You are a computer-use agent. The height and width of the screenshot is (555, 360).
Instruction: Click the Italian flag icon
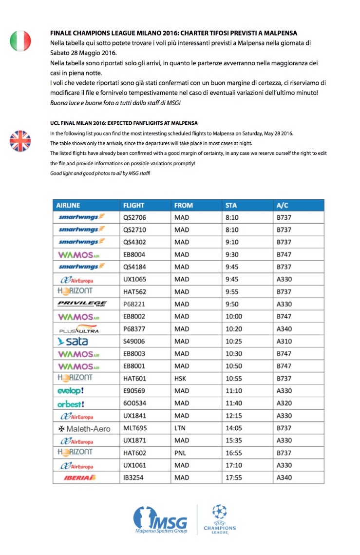tap(20, 41)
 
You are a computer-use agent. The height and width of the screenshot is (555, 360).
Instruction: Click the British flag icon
tap(20, 141)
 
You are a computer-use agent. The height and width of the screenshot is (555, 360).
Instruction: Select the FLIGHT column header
tap(134, 205)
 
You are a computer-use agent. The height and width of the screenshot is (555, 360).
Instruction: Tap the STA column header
tap(231, 205)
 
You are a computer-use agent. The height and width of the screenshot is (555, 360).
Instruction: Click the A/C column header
tap(283, 205)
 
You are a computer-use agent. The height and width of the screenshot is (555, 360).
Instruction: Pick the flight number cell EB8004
tap(134, 254)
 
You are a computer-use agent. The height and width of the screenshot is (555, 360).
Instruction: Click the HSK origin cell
tap(181, 378)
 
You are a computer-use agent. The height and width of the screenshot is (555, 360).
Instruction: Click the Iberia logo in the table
tap(80, 478)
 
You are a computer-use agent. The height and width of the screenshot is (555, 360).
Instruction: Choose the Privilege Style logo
tap(82, 304)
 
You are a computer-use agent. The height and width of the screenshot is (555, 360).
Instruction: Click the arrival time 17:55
tap(234, 478)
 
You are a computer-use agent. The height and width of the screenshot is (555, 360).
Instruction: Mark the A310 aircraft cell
tap(284, 341)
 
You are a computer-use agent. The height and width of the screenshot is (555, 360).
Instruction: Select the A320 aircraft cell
tap(284, 403)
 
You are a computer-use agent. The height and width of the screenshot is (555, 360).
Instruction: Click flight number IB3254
tap(133, 478)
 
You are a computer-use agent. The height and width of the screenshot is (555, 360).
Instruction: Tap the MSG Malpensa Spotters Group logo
tap(161, 519)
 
